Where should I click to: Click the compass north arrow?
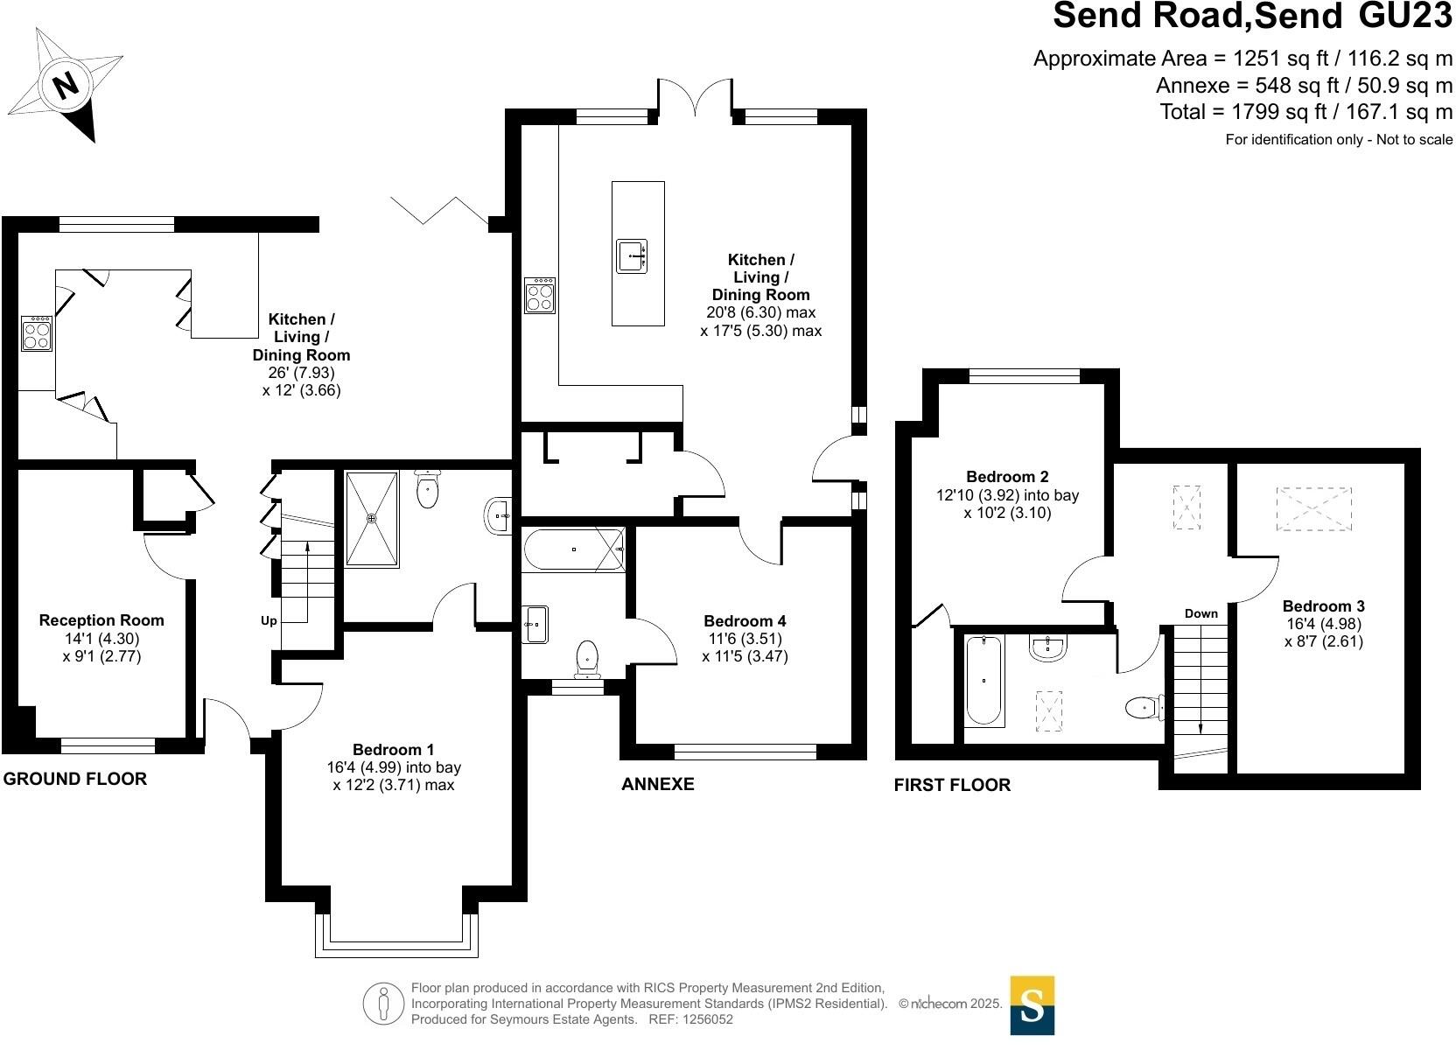pos(66,86)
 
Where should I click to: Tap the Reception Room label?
pos(101,620)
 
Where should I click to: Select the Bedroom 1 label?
pos(393,750)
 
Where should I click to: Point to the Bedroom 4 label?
pos(745,621)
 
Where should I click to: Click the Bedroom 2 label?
pos(1007,477)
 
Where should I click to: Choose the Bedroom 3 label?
pos(1323,606)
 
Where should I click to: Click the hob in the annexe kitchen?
pos(539,295)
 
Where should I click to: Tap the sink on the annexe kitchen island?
pos(632,255)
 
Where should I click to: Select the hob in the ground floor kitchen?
pos(37,333)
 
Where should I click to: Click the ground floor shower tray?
pos(372,519)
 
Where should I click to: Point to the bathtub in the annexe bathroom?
pos(573,549)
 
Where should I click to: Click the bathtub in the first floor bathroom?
pos(984,680)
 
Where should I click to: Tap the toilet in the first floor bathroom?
pos(1144,707)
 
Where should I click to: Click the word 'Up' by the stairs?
pos(269,621)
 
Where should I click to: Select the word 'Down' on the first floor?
pos(1200,613)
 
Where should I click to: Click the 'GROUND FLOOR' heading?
pos(75,779)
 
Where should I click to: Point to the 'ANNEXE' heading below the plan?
pos(657,784)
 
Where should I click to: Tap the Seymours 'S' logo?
pos(1032,1005)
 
